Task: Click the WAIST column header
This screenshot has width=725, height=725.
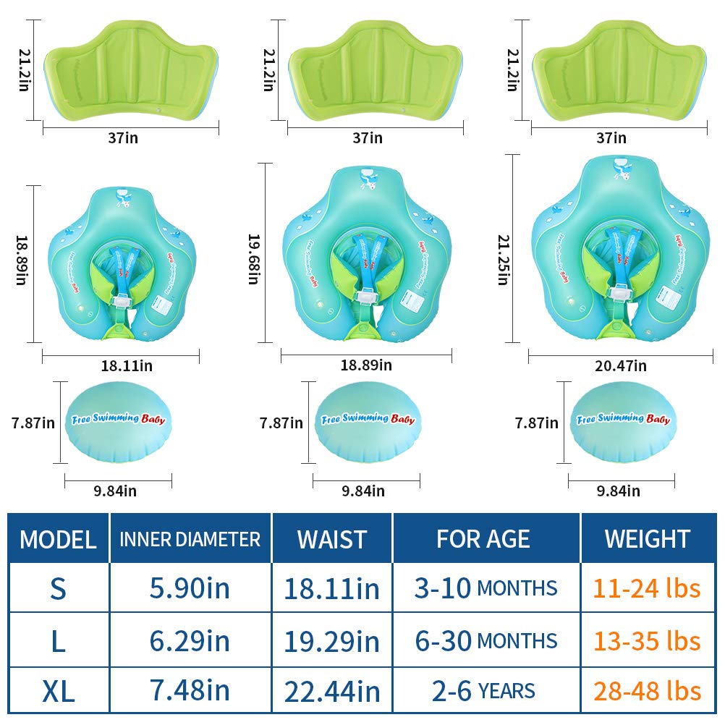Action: tap(332, 538)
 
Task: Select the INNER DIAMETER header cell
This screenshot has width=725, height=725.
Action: tap(190, 538)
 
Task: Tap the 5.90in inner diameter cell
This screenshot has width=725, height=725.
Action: tap(190, 588)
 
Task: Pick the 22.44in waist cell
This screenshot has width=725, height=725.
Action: tap(332, 691)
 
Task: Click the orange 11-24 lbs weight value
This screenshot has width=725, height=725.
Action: tap(647, 588)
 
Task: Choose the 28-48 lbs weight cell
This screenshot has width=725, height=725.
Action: tap(647, 691)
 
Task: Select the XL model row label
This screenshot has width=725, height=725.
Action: tap(58, 691)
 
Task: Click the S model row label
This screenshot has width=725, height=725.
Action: tap(58, 588)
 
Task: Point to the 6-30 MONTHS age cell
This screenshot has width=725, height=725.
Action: tap(486, 640)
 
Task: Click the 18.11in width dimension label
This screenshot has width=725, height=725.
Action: tap(127, 366)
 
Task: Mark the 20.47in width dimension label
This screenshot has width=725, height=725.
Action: tap(620, 366)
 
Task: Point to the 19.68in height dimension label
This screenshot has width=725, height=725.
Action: tap(253, 258)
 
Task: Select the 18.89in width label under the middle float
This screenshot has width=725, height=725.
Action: tap(366, 365)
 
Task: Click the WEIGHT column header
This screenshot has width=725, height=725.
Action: tap(647, 538)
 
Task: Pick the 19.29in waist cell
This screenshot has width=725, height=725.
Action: tap(332, 640)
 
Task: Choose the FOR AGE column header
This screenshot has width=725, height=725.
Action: tap(483, 538)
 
